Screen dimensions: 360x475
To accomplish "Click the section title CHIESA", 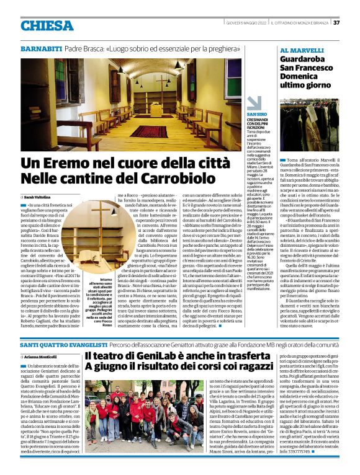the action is tap(47, 25).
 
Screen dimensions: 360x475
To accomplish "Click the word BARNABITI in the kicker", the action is tap(41, 48).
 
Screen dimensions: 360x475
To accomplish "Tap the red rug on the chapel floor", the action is tap(148, 131).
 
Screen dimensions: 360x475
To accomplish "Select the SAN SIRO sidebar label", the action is tap(257, 115).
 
